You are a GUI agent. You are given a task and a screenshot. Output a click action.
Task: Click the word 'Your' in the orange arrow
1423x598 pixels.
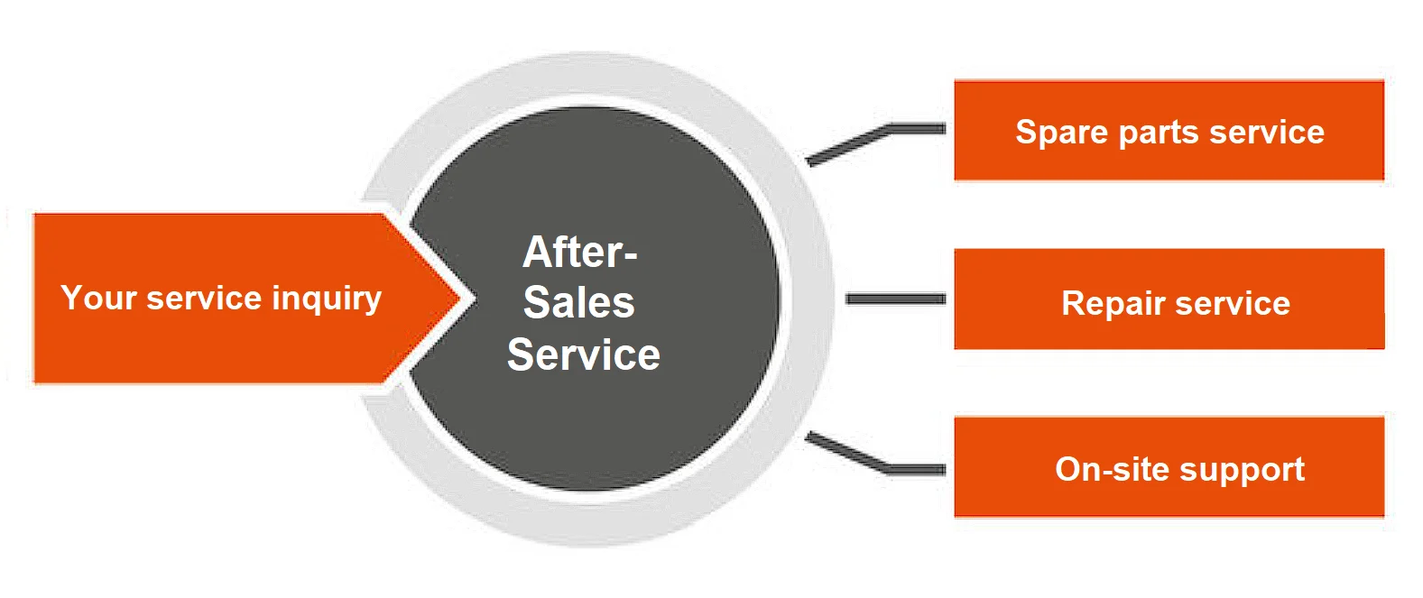pos(97,298)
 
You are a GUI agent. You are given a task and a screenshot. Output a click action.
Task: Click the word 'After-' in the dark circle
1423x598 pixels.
pos(580,252)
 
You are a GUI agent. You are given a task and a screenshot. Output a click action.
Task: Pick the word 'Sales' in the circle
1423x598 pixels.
pos(579,302)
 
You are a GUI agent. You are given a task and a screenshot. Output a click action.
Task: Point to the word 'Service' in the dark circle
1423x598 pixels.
pos(584,354)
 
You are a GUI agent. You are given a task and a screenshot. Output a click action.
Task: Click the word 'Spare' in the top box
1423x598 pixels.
pos(1061,133)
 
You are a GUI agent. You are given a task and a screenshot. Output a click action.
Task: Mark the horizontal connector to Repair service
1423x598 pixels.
pos(895,299)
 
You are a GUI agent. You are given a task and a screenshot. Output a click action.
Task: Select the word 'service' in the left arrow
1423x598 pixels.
pos(204,298)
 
